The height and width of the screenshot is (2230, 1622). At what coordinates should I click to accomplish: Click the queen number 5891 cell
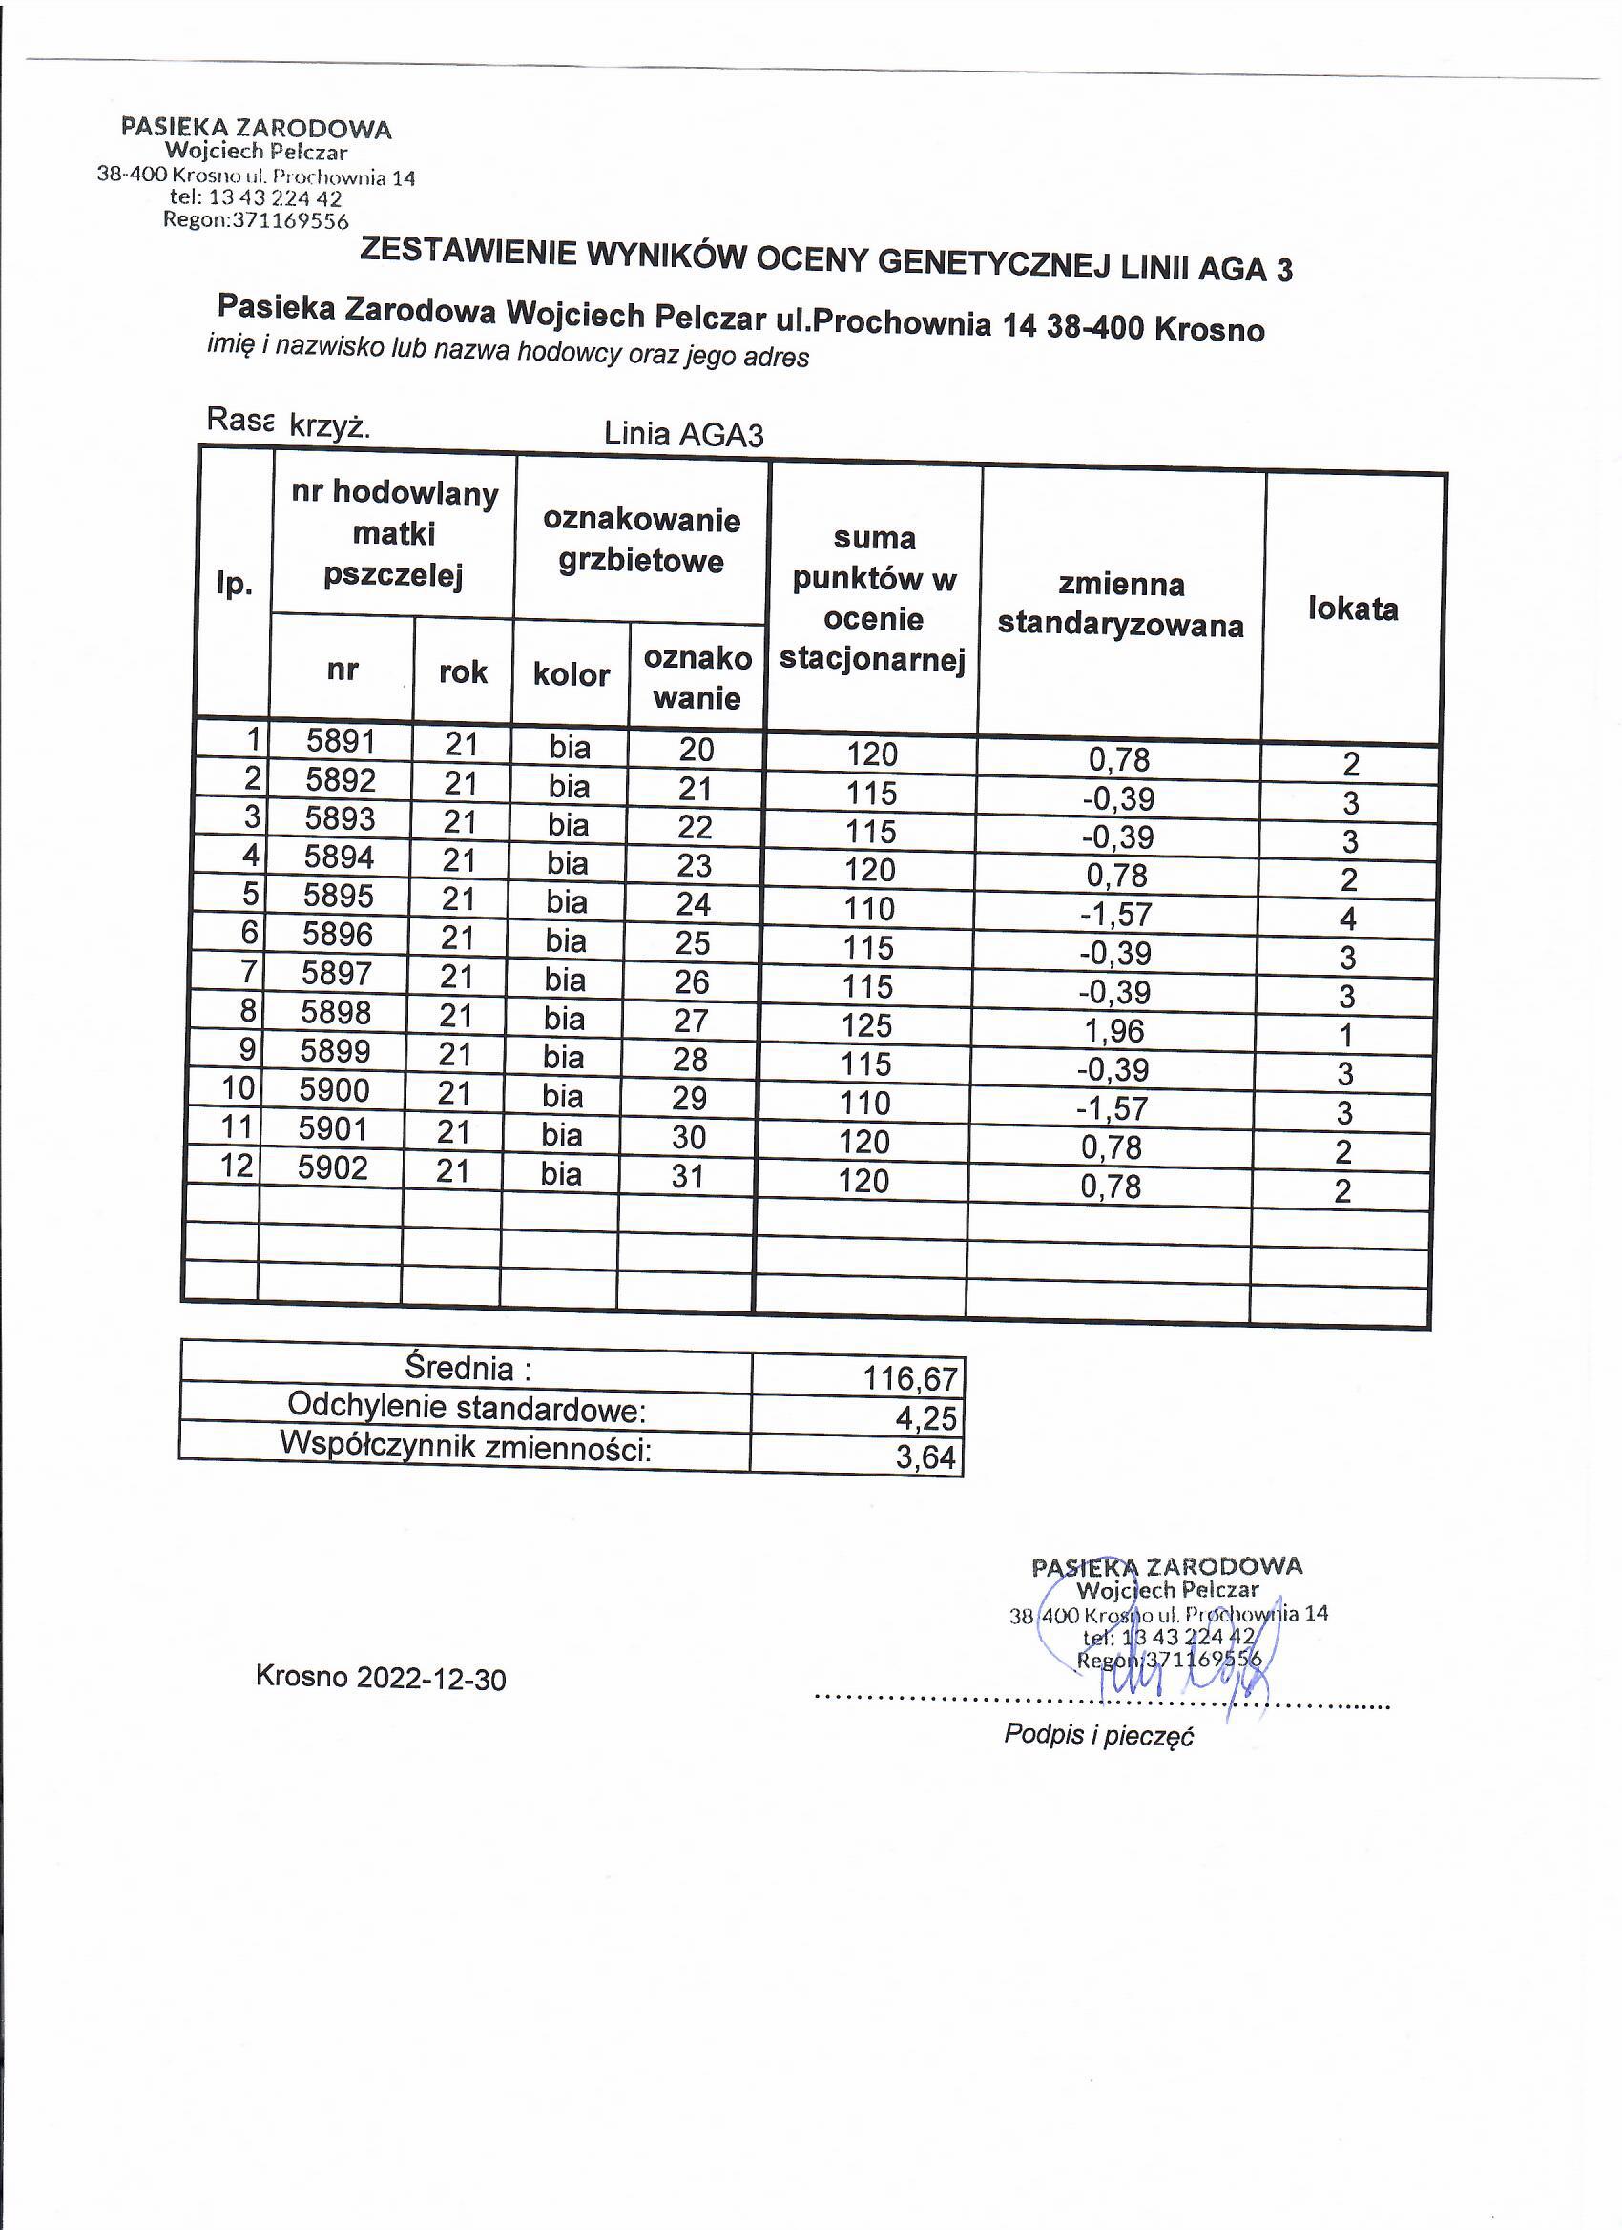[341, 740]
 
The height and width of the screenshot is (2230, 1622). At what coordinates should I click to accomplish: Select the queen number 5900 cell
[335, 1090]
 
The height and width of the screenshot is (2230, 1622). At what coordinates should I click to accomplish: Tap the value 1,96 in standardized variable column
[1114, 1030]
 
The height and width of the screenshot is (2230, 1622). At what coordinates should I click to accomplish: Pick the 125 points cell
[866, 1025]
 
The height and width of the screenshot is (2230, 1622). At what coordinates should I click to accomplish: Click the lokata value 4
[1347, 919]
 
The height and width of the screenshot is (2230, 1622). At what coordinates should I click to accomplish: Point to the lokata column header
[1353, 609]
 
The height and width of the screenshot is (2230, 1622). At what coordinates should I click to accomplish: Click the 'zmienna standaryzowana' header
[1120, 605]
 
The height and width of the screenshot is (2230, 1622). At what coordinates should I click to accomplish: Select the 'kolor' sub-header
[572, 674]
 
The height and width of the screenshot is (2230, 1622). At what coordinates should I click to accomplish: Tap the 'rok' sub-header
[463, 672]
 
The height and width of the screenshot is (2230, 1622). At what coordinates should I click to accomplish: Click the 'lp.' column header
[234, 584]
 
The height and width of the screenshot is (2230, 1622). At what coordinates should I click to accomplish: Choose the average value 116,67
[910, 1378]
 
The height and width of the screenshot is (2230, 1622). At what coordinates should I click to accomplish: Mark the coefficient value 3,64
[925, 1457]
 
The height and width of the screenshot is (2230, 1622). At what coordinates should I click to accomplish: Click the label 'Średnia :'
[468, 1368]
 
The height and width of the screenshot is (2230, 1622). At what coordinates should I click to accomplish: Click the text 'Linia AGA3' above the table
[683, 434]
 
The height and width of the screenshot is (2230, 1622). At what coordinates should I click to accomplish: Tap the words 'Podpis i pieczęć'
[1098, 1734]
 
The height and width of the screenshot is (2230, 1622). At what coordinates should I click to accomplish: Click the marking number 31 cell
[688, 1176]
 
